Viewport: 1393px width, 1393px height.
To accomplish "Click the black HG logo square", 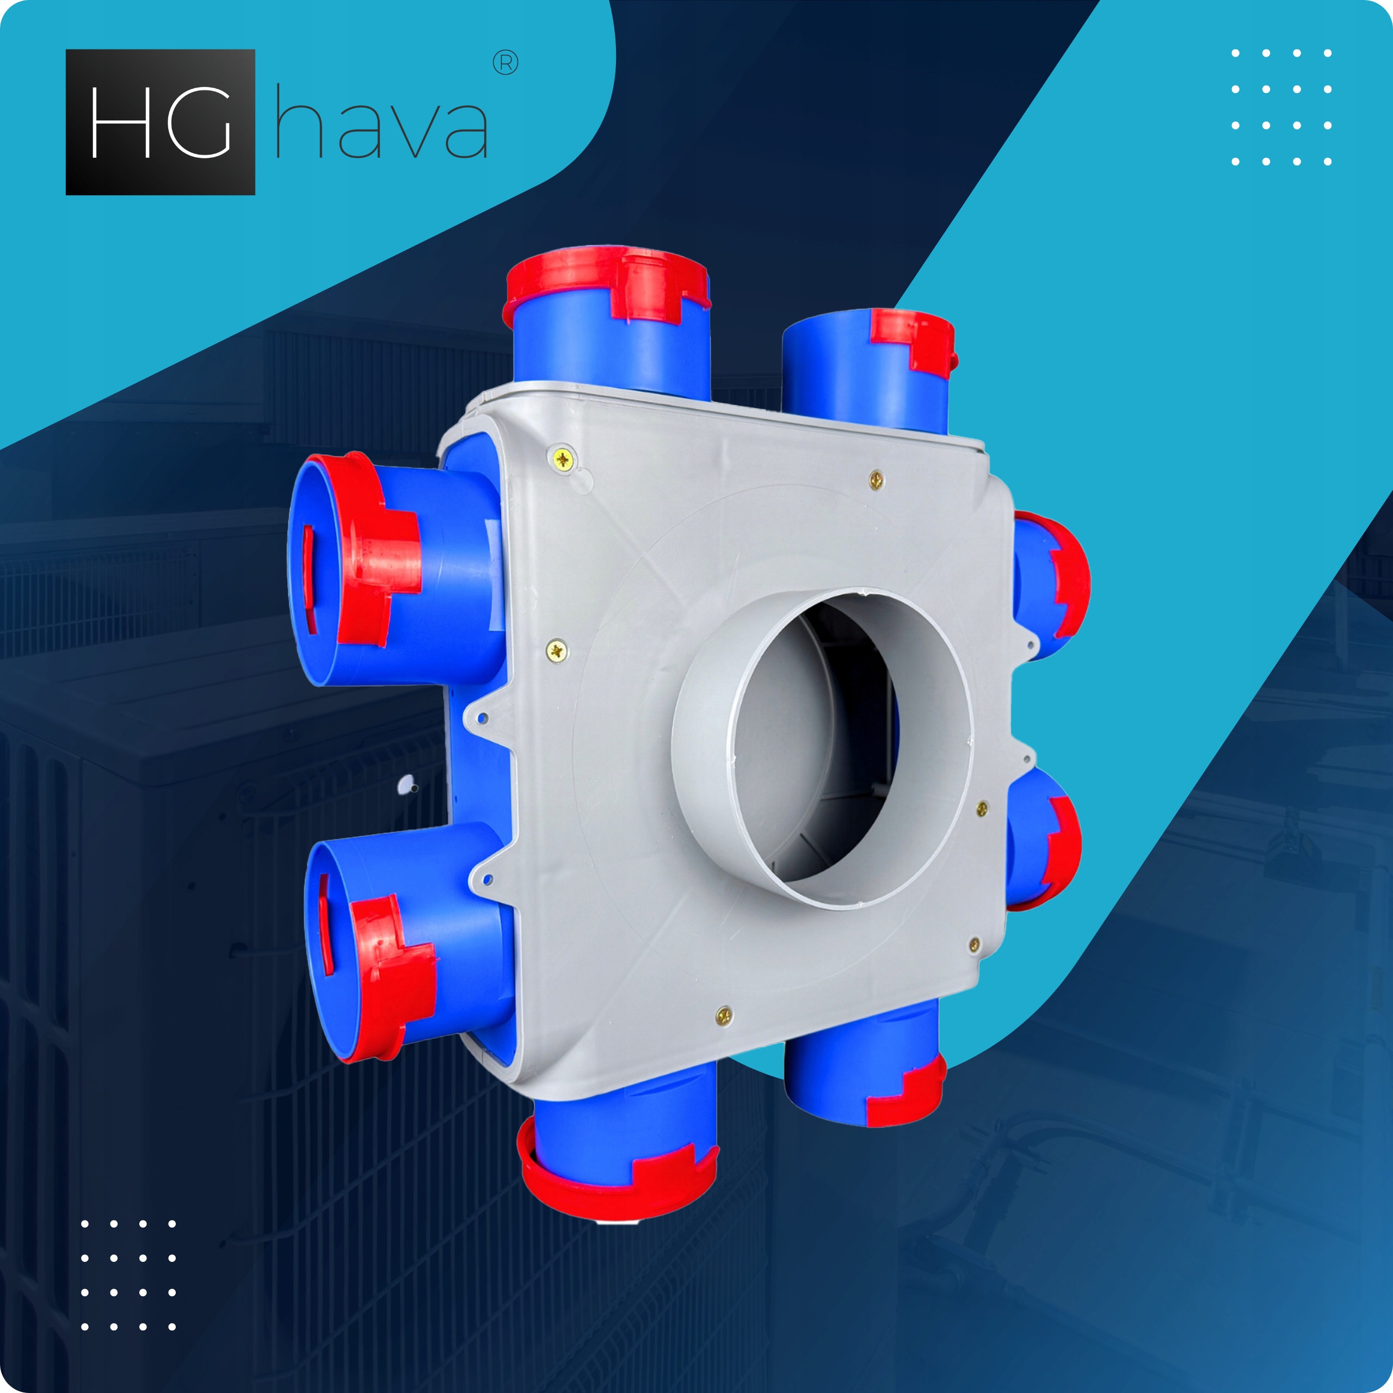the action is [x=160, y=122].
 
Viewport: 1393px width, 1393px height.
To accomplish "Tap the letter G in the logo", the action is [x=199, y=122].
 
